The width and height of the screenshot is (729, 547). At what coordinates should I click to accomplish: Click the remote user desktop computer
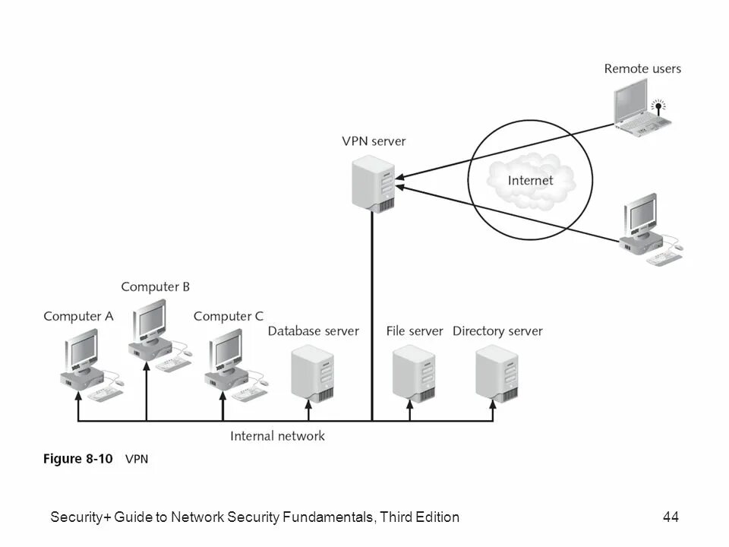coord(645,228)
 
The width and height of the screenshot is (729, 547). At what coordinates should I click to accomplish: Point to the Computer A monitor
coord(80,352)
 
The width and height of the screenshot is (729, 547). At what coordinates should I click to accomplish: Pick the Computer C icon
coord(229,365)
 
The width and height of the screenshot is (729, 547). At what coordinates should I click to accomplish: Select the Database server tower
coord(314,372)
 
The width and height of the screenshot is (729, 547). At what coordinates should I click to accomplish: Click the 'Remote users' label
coord(642,68)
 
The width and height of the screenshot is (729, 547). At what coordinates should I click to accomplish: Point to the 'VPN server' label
coord(374,141)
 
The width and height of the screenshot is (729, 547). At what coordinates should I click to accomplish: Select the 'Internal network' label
coord(277,436)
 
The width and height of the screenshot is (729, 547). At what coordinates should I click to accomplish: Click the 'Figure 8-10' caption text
coord(77,458)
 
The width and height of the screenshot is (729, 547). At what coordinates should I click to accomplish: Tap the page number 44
coord(671,517)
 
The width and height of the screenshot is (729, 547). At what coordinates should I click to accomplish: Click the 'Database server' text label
coord(313,331)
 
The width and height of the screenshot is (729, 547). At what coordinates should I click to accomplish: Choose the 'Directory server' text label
coord(497,331)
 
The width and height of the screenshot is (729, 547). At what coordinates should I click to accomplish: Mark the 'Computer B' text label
coord(155,286)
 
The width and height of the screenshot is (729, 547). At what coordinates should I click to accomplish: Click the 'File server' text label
coord(414,331)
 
